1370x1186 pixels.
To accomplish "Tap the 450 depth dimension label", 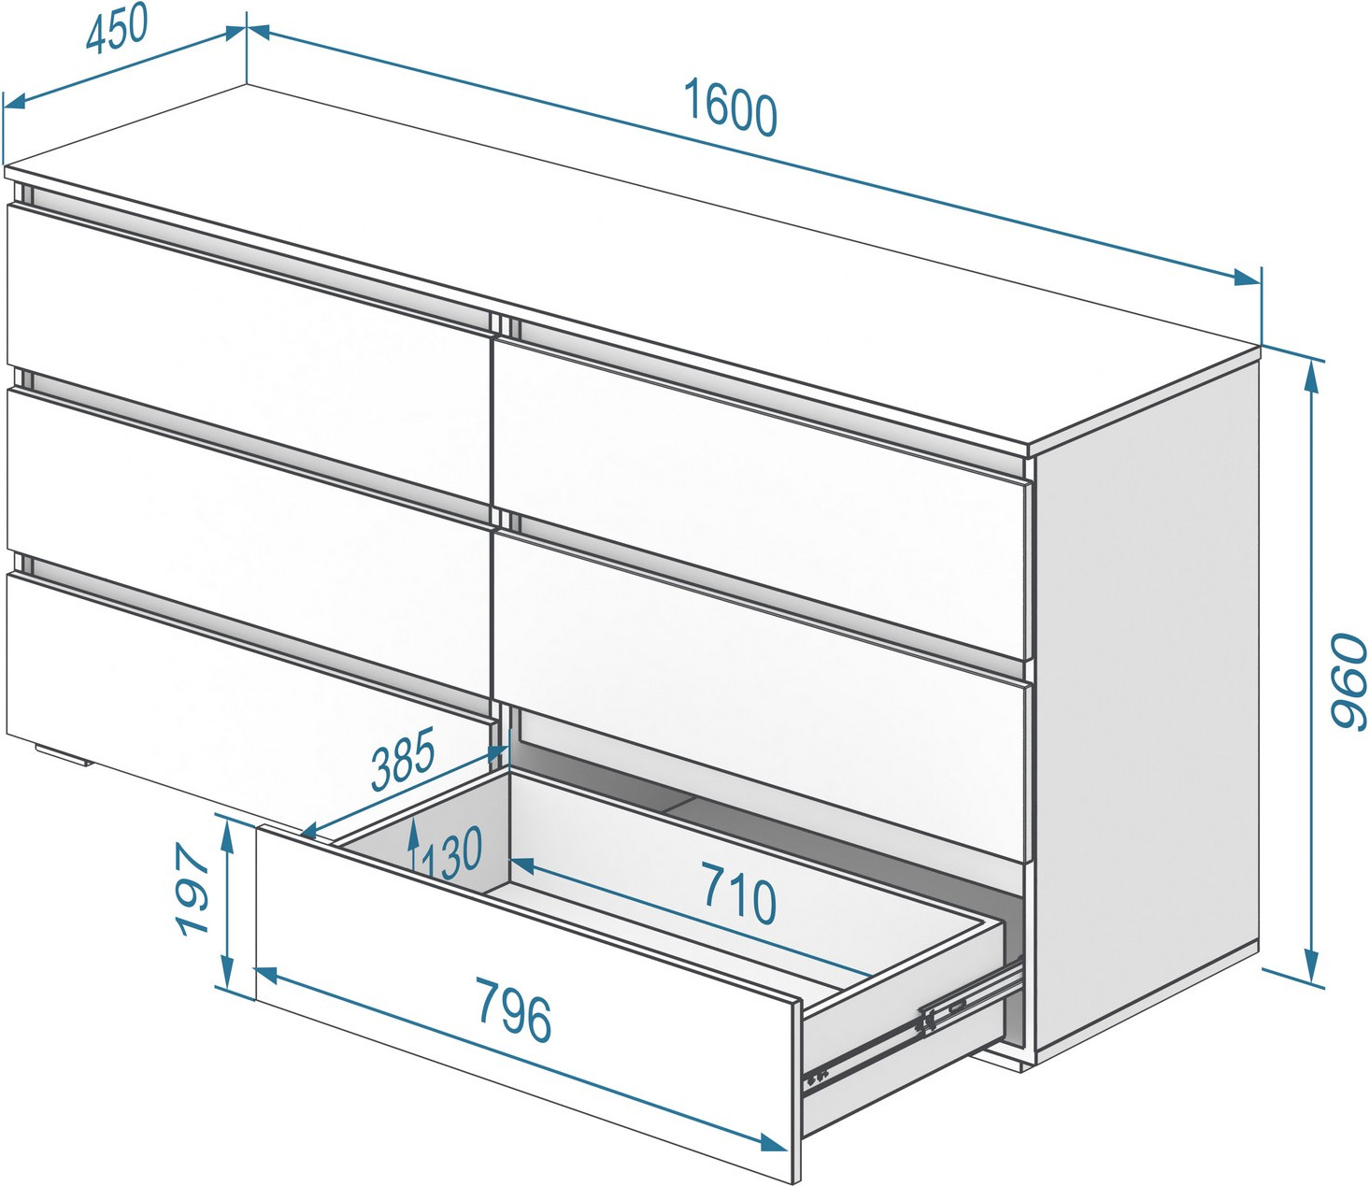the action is tap(117, 30).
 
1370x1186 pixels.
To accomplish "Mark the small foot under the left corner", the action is tap(63, 755).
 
